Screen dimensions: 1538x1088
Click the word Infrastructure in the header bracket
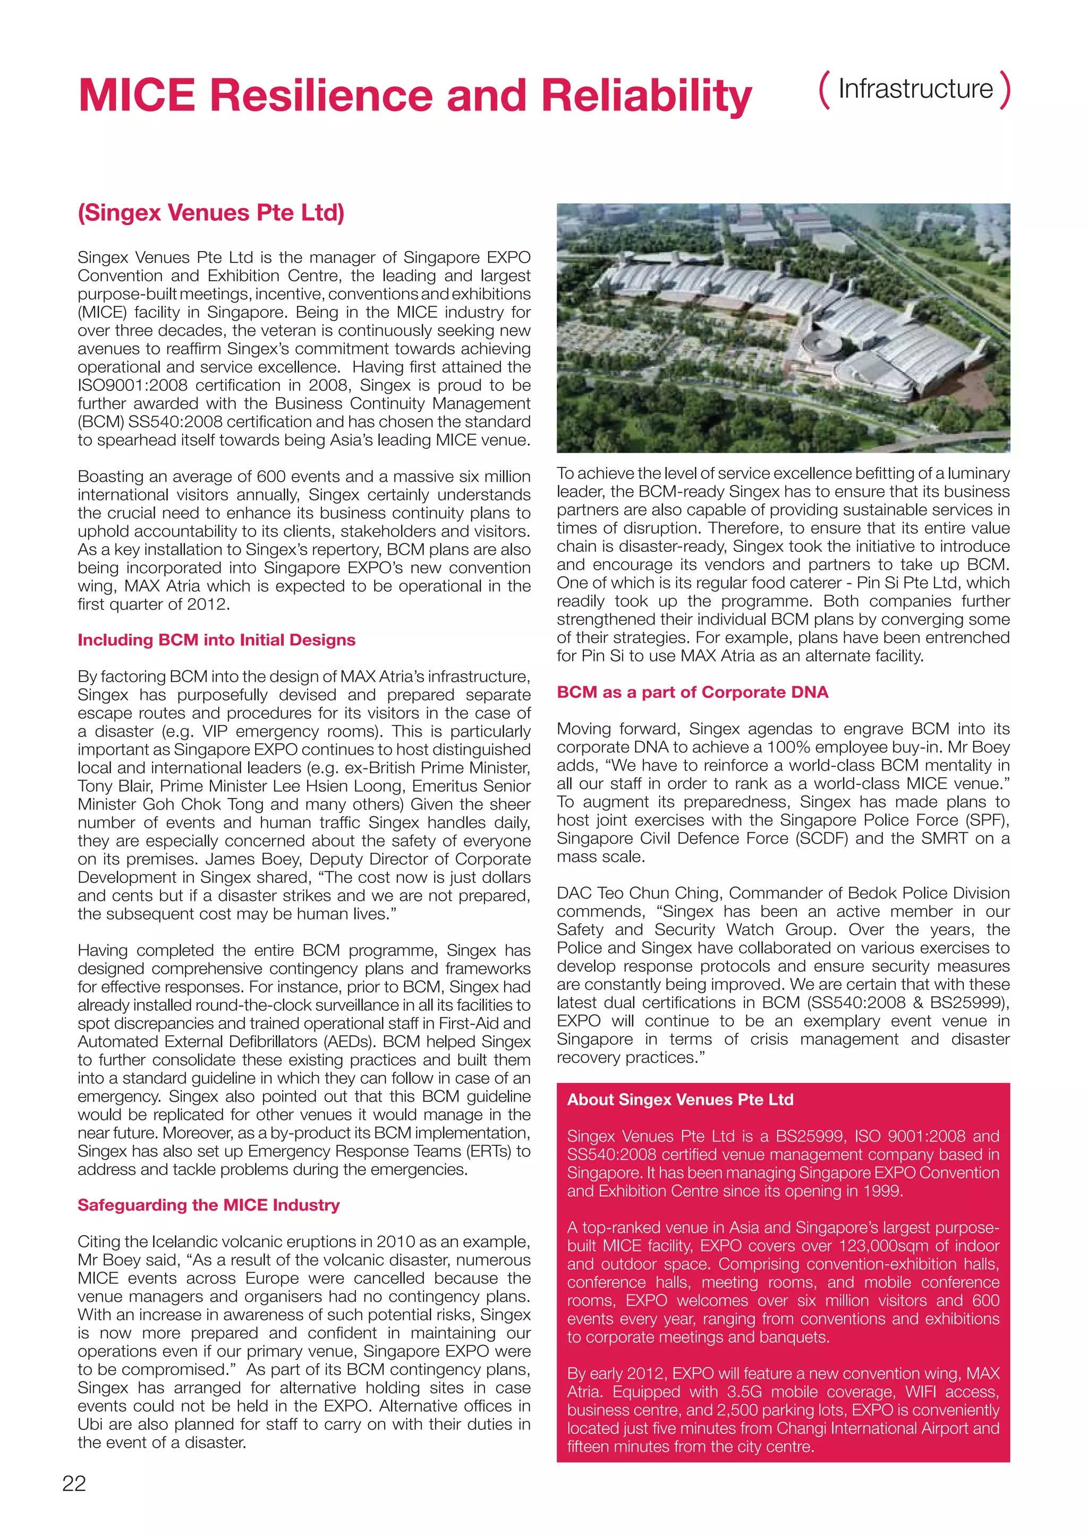915,89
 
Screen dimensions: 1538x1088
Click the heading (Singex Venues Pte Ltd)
211,213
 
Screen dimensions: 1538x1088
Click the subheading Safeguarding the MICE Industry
208,1205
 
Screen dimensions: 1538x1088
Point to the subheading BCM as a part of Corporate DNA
693,692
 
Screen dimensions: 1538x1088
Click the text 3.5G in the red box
744,1392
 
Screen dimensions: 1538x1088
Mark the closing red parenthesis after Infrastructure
1004,89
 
